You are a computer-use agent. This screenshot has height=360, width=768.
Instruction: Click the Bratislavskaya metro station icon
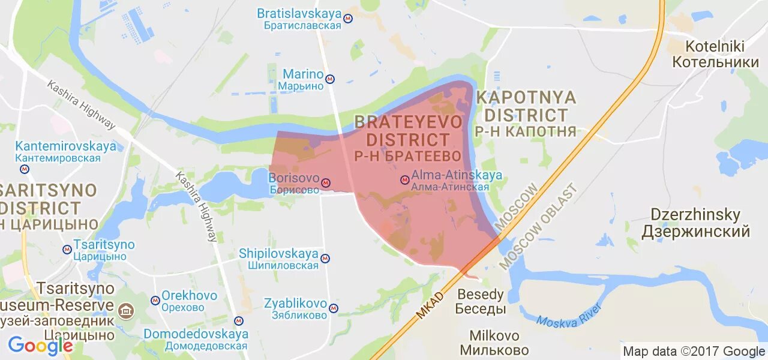(x=348, y=19)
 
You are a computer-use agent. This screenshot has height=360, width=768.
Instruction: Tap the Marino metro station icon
(x=330, y=79)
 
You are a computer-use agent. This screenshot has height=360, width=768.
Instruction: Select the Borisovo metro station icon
(x=326, y=182)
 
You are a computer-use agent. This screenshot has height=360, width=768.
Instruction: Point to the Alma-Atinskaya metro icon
(x=405, y=179)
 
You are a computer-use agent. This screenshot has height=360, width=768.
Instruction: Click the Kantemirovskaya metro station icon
(x=24, y=169)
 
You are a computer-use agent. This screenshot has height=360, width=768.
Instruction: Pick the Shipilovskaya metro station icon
(x=325, y=259)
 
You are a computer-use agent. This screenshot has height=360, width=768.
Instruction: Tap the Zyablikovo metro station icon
(x=334, y=308)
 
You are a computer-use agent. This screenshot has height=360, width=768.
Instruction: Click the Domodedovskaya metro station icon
(x=239, y=321)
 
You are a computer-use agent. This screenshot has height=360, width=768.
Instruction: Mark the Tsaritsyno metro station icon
(x=67, y=250)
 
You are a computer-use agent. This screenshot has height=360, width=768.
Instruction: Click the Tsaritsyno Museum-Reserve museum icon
(x=126, y=310)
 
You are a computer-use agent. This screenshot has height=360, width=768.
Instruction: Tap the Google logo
(x=40, y=346)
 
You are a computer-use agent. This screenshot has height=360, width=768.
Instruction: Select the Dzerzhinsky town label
(x=696, y=223)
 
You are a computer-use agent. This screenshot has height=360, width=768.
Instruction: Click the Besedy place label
(x=481, y=302)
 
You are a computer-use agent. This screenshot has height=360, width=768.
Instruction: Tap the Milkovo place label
(x=494, y=343)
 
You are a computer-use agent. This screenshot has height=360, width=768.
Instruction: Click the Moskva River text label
(x=569, y=316)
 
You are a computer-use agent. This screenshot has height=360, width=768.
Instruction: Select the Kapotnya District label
(x=526, y=114)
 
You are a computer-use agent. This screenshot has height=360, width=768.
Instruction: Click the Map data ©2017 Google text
(x=694, y=352)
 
